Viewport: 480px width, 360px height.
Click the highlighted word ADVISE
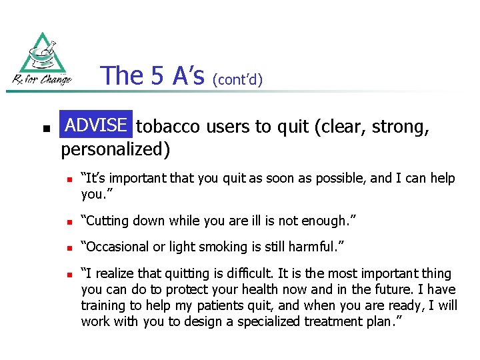pos(96,125)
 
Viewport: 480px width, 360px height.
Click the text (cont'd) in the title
pos(237,80)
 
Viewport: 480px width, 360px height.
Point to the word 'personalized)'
pos(115,149)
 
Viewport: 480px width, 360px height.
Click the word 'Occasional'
pos(113,246)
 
